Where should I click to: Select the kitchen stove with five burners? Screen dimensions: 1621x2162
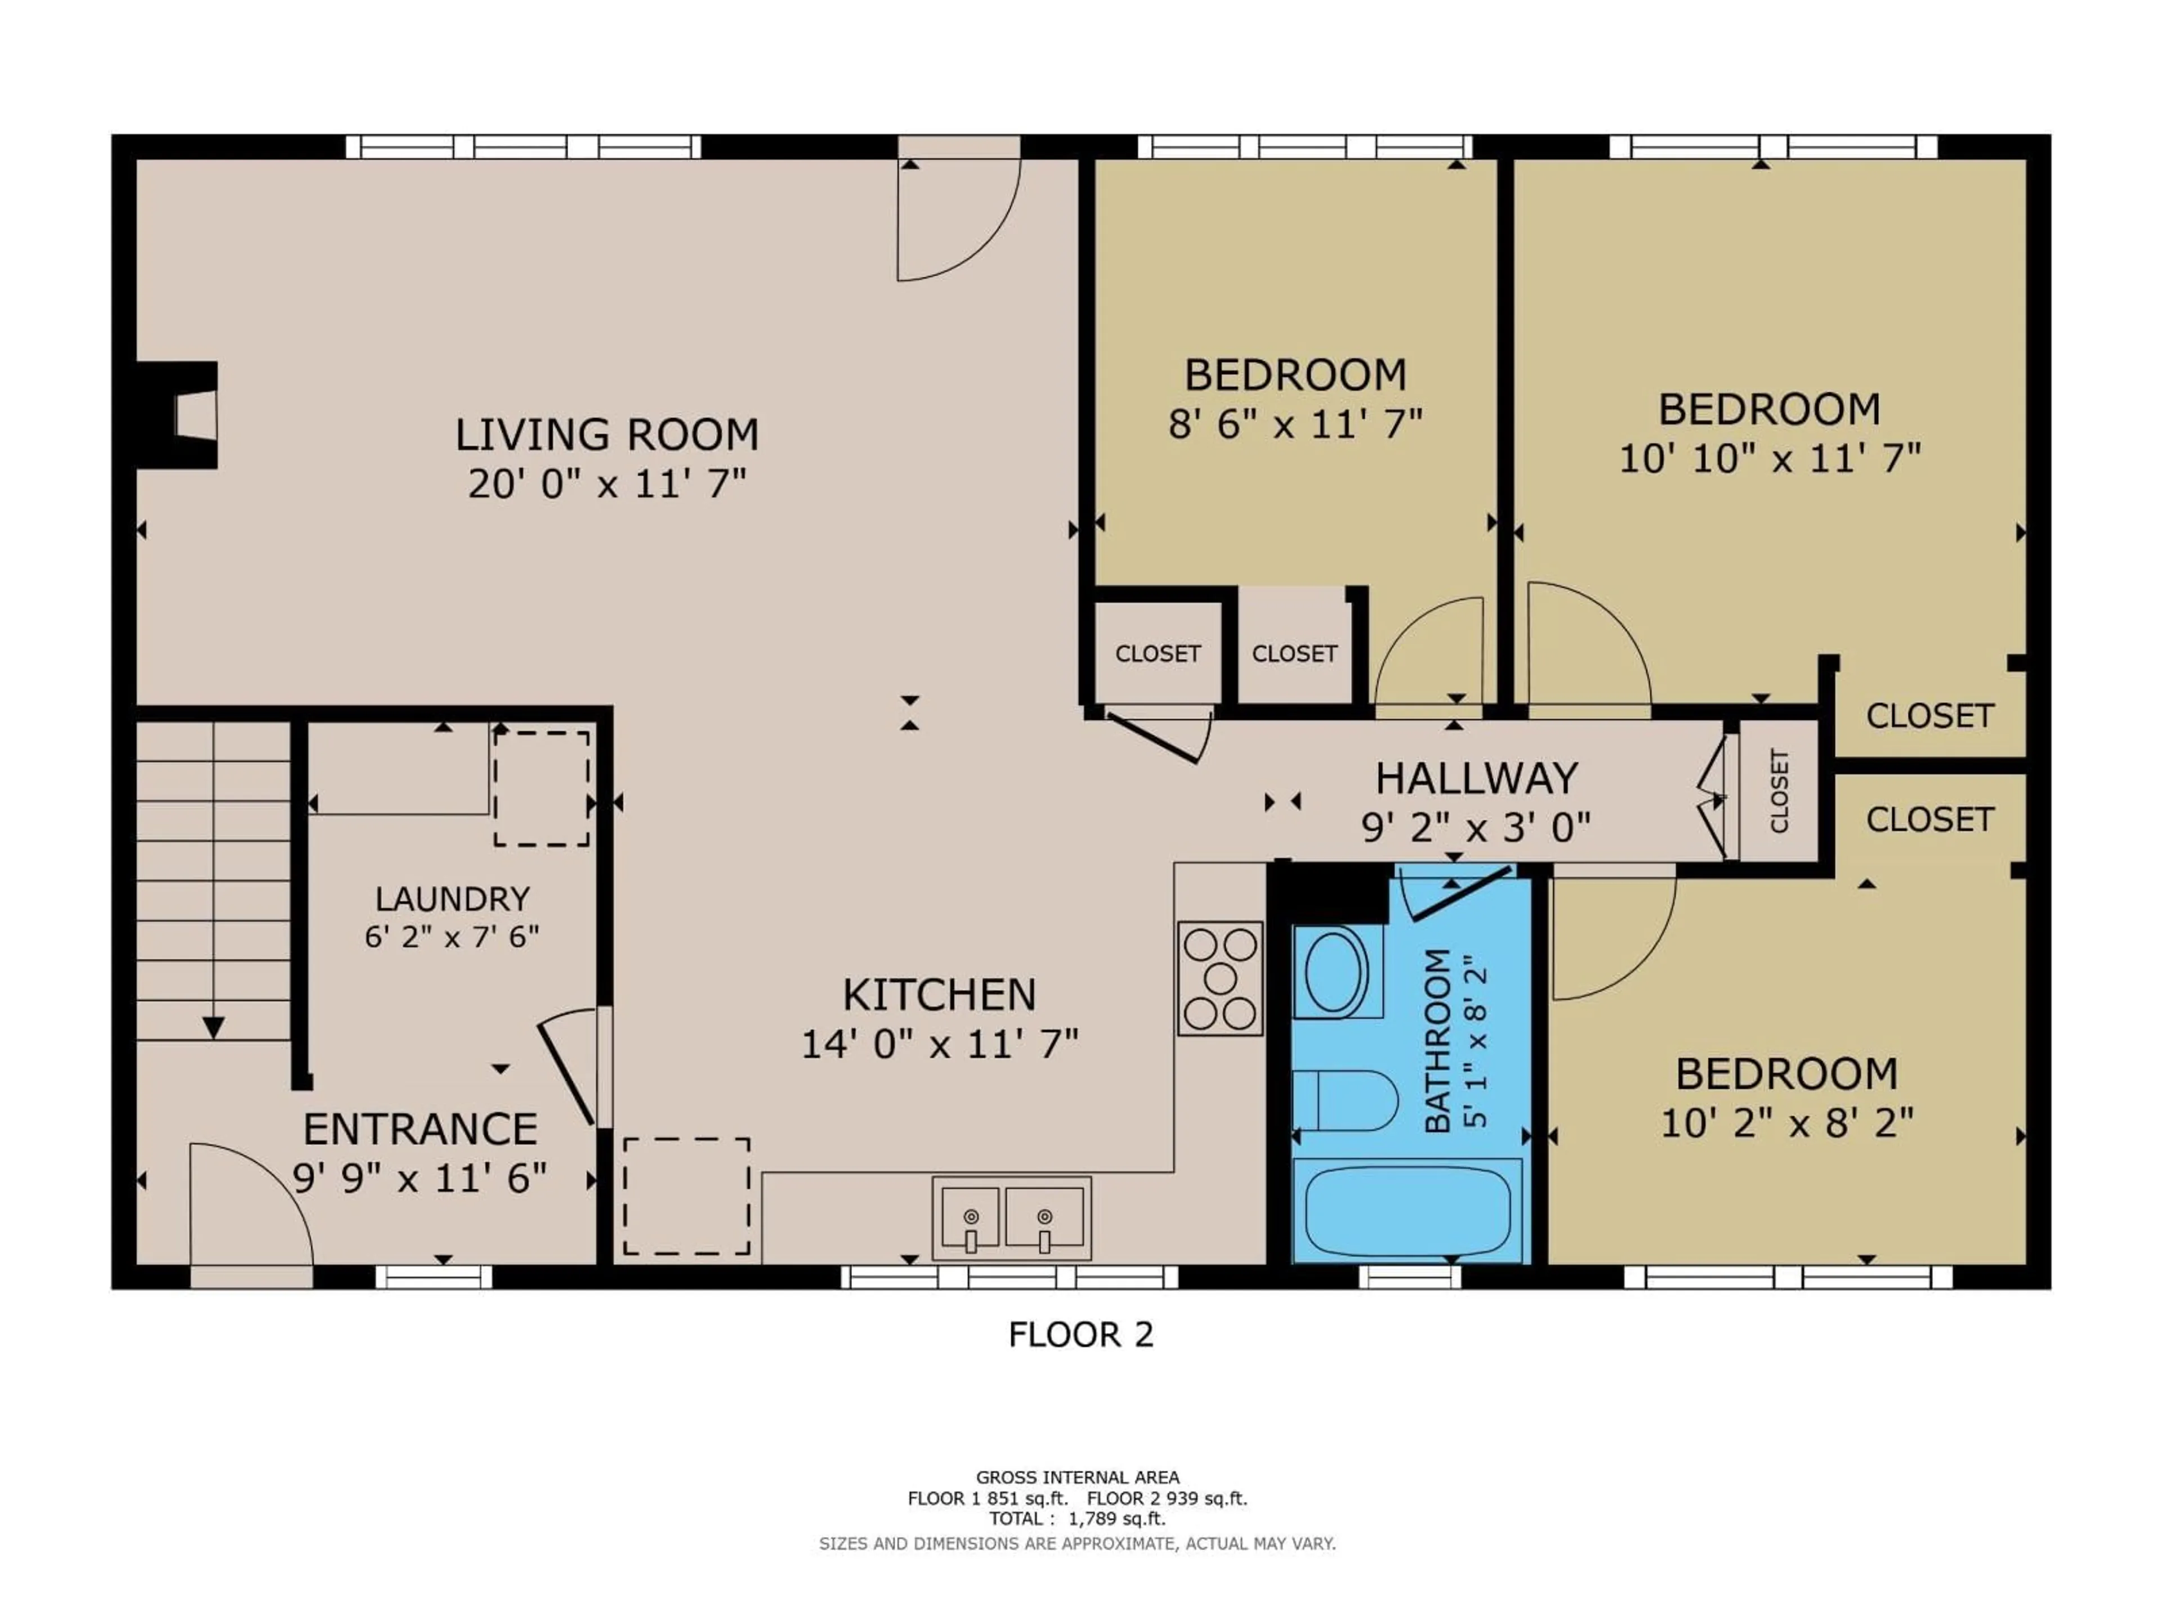click(x=1220, y=978)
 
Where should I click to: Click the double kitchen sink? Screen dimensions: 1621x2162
click(x=1011, y=1217)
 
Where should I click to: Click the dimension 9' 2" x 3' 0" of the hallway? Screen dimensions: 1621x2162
click(x=1476, y=829)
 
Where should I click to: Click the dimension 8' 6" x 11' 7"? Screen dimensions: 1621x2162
click(x=1295, y=424)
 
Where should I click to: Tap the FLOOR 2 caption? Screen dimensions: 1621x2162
click(x=1081, y=1335)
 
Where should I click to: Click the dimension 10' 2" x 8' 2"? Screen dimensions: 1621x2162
click(x=1786, y=1123)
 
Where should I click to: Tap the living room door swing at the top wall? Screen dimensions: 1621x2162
click(x=958, y=220)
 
